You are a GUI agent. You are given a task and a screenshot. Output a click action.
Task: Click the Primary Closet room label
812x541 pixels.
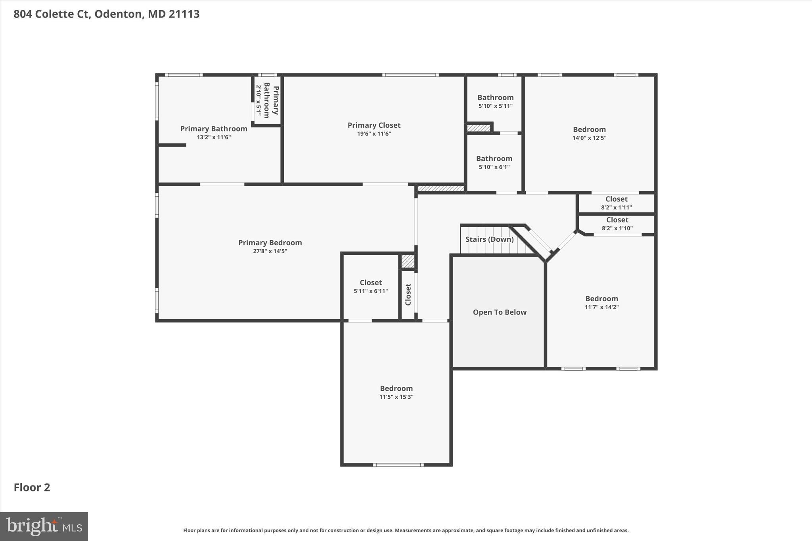[x=374, y=125]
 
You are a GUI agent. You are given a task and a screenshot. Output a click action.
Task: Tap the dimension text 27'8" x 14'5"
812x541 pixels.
[x=270, y=251]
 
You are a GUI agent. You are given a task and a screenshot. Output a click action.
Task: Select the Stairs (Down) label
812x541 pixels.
[x=489, y=239]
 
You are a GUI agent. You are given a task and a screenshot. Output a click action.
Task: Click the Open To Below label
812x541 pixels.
[x=500, y=312]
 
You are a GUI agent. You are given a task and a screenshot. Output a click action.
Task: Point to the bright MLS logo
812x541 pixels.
[x=44, y=526]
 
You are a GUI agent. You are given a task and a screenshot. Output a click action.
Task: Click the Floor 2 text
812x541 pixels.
[x=32, y=487]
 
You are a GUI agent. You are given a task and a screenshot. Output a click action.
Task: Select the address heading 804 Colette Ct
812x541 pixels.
[x=106, y=14]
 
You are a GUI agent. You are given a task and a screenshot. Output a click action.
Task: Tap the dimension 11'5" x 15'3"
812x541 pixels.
[x=396, y=397]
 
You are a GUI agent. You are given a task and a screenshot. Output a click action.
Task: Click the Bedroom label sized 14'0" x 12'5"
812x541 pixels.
[x=589, y=130]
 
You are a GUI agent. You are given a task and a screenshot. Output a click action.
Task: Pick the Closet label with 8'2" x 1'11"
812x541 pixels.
[x=616, y=199]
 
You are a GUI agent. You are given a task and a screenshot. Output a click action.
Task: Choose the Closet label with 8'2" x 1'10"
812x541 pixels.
[x=617, y=220]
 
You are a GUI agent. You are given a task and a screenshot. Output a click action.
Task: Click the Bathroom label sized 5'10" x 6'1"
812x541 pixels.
[x=494, y=159]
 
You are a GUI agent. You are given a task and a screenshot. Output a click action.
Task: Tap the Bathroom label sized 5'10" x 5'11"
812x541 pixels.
[x=495, y=97]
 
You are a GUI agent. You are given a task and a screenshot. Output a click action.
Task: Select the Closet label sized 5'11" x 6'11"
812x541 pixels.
[x=371, y=283]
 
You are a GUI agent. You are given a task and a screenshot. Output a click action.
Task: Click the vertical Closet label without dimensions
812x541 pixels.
[x=408, y=294]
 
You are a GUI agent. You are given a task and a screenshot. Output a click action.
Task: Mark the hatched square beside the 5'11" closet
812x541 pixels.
[x=408, y=261]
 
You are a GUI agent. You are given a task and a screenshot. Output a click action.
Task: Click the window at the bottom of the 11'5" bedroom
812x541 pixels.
[x=398, y=465]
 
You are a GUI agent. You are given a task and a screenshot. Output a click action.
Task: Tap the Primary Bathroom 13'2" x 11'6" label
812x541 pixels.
[x=214, y=129]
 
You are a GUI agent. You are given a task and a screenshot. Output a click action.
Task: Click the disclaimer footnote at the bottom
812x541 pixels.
[x=406, y=530]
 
